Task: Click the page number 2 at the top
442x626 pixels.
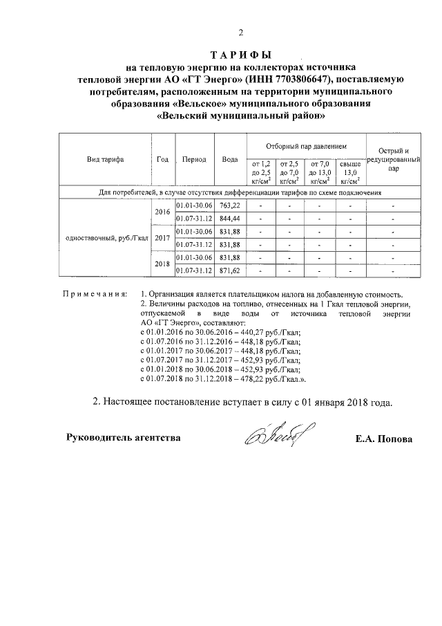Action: (x=241, y=33)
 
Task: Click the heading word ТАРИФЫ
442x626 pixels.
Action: (x=240, y=55)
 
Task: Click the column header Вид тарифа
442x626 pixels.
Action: (x=105, y=159)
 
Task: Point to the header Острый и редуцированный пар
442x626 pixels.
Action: (x=392, y=159)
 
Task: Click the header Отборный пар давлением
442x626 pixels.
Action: (x=306, y=147)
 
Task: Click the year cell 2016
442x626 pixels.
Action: (x=162, y=212)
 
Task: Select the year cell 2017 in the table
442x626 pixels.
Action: (x=162, y=238)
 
